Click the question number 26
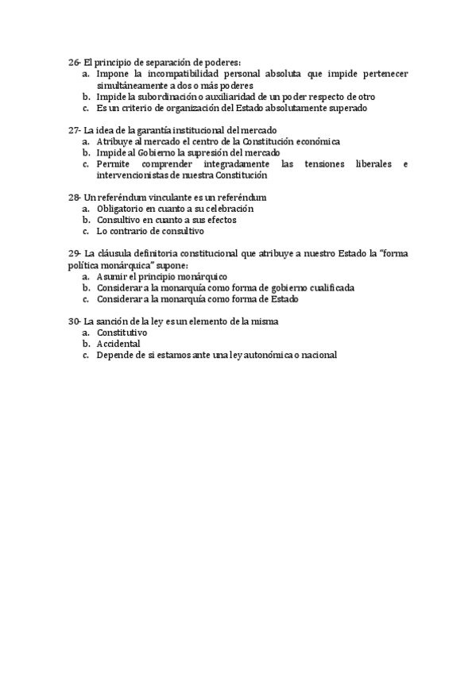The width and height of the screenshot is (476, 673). point(74,62)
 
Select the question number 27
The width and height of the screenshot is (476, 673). point(74,130)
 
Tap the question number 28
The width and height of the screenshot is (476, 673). point(74,197)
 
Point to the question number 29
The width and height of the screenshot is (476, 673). point(74,253)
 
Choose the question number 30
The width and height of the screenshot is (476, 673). point(74,321)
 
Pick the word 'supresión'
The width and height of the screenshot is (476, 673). point(209,152)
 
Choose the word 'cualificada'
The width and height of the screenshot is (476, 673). point(330,287)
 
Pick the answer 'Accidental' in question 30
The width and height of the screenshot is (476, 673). point(118,344)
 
